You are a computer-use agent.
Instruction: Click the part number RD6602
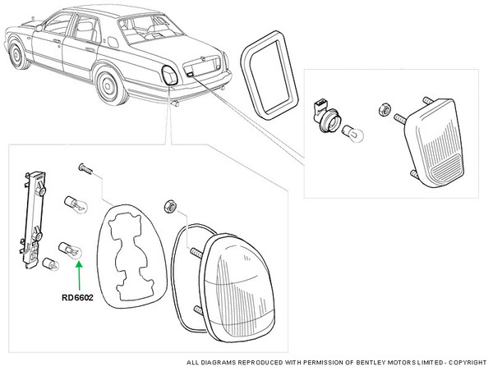[x=76, y=299]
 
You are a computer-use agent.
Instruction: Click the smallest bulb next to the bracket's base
[x=48, y=264]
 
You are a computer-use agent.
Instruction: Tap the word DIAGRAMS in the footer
[x=220, y=362]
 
